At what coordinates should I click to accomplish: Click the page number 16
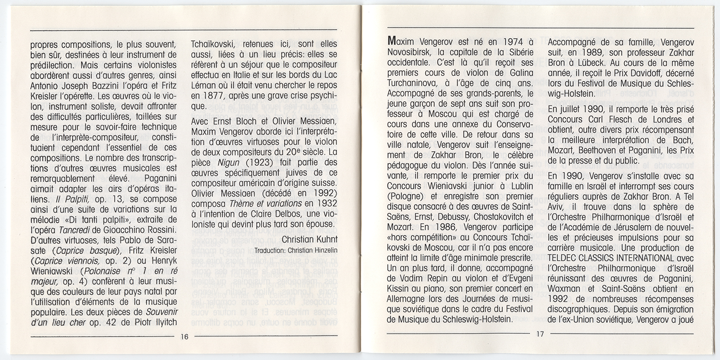tap(184, 337)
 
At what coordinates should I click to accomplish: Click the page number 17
tap(540, 334)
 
